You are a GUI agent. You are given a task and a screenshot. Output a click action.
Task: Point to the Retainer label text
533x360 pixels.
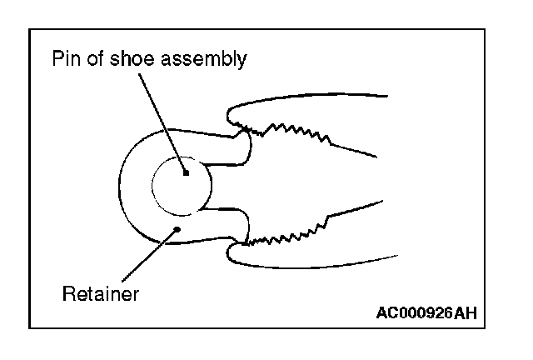101,293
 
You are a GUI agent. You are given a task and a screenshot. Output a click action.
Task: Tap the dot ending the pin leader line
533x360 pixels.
187,172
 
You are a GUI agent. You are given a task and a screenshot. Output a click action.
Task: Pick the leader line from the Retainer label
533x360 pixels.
148,253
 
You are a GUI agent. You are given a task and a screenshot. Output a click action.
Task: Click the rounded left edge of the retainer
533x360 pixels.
122,185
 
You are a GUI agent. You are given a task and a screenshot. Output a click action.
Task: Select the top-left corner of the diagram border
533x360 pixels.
30,30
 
